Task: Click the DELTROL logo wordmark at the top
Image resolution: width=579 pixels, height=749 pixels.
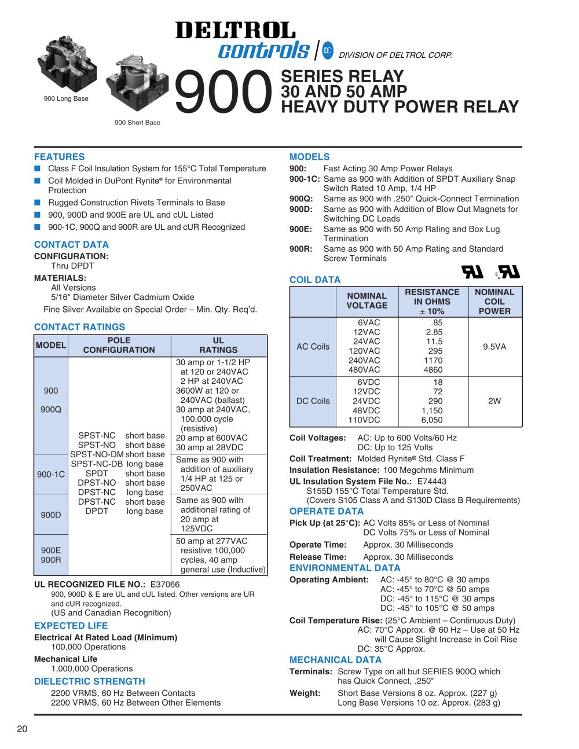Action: coord(235,30)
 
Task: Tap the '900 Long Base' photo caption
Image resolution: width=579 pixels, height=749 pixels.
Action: coord(66,98)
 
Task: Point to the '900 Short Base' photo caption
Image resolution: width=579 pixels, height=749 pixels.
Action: coord(137,123)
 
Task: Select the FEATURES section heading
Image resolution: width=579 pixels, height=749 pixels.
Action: coord(59,157)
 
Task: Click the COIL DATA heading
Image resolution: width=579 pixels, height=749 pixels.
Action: coord(315,280)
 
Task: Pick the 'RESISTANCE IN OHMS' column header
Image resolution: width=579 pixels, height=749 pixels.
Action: coord(432,302)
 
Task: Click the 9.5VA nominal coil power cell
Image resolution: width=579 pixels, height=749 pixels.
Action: coord(494,347)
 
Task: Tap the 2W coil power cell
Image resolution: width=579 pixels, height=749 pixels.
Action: coord(494,401)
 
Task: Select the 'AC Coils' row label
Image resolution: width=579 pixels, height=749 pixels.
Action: coord(313,347)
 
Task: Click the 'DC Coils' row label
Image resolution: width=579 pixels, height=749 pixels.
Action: coord(313,401)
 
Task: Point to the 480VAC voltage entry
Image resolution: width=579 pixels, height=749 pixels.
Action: coord(364,370)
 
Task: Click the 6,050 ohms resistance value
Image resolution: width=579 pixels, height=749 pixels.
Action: coord(432,420)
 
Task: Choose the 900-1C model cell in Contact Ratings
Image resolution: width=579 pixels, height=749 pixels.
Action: coord(51,474)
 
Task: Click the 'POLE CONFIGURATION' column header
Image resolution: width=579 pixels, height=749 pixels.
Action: coord(119,345)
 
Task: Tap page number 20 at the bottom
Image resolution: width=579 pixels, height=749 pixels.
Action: coord(22,729)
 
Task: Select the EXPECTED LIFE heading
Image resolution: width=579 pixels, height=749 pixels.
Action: coord(71,626)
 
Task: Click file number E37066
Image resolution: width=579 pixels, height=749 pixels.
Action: coord(165,585)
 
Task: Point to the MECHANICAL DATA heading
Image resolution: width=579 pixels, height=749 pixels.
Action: coord(335,660)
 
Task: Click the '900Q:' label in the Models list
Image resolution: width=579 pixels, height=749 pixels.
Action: coord(301,199)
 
